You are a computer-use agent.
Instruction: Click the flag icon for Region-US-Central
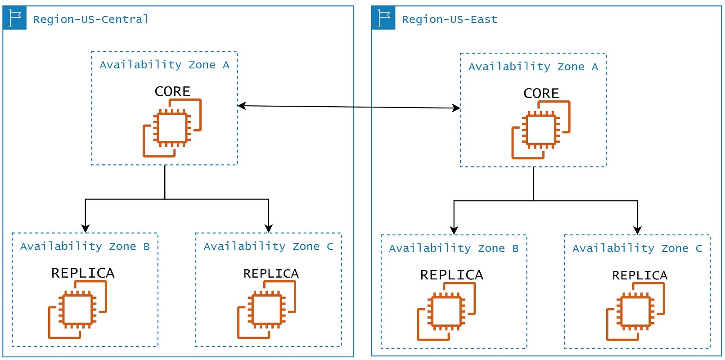[x=15, y=18]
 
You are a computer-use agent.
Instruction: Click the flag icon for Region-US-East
[x=383, y=18]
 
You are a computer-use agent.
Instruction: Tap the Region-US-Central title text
[x=90, y=19]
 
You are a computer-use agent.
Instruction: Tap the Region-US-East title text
[x=450, y=19]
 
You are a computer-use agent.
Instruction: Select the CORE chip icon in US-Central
[x=172, y=128]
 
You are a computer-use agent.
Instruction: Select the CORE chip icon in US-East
[x=540, y=130]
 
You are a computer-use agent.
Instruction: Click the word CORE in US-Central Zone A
[x=172, y=91]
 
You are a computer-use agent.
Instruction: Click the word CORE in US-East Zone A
[x=541, y=93]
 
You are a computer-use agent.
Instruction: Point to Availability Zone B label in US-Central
[x=85, y=247]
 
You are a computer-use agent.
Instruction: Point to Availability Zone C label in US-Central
[x=268, y=247]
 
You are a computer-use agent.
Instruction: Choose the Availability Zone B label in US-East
[x=454, y=248]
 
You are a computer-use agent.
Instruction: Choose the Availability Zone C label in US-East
[x=637, y=248]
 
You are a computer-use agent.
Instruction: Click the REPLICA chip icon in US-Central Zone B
[x=77, y=310]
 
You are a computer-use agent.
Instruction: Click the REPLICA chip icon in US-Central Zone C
[x=266, y=310]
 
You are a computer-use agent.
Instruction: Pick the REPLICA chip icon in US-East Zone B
[x=446, y=311]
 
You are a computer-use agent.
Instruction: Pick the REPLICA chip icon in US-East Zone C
[x=635, y=311]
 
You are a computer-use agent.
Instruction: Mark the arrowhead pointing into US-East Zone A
[x=456, y=108]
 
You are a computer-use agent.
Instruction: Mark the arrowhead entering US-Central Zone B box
[x=86, y=228]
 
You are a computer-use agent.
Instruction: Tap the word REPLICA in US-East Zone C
[x=639, y=275]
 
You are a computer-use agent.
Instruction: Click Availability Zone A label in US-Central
[x=164, y=65]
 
